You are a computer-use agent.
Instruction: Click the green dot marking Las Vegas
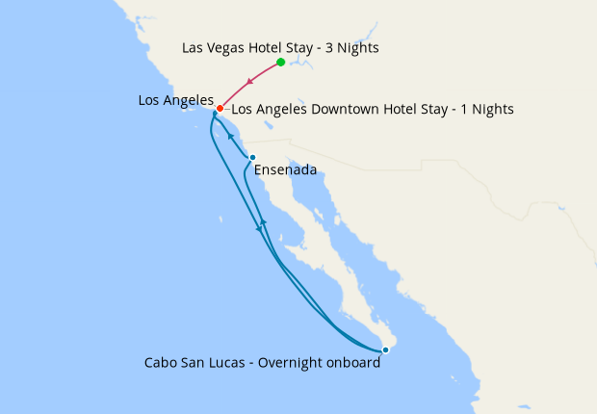[280, 63]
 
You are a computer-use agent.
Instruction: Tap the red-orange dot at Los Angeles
[220, 109]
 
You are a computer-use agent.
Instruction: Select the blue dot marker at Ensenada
[252, 158]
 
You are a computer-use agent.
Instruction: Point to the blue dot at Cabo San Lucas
[385, 350]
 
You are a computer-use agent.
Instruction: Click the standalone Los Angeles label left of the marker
[175, 99]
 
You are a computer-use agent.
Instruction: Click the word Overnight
[289, 363]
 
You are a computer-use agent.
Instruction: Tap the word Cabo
[162, 363]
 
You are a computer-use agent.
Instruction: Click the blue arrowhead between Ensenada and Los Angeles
[230, 137]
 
